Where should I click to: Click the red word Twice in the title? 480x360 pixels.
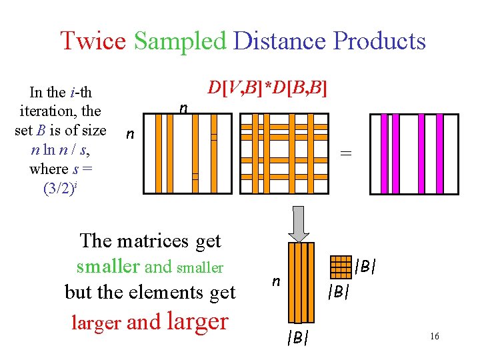click(92, 41)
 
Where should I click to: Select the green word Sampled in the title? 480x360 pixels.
click(180, 41)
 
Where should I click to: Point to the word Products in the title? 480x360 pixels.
click(379, 41)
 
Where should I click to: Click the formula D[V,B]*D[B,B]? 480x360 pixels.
click(267, 88)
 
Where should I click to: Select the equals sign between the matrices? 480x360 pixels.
click(345, 153)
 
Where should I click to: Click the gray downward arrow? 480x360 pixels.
click(299, 223)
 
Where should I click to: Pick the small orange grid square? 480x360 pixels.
click(341, 267)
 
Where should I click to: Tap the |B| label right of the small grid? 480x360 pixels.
click(365, 266)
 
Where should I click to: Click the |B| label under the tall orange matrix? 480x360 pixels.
click(297, 338)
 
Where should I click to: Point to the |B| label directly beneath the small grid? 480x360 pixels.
click(339, 292)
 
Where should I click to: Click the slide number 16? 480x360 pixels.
click(434, 337)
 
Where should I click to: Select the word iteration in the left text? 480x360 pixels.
click(51, 111)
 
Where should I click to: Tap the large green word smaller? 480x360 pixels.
click(109, 266)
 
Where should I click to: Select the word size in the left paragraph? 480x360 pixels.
click(93, 130)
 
